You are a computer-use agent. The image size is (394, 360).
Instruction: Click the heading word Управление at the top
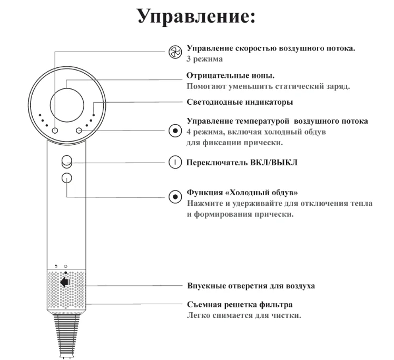[x=196, y=16]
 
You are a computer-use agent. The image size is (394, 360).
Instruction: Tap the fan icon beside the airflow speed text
[x=175, y=52]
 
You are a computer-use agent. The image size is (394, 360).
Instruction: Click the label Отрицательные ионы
[x=230, y=75]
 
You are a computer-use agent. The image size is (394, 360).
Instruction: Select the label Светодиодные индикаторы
[x=240, y=102]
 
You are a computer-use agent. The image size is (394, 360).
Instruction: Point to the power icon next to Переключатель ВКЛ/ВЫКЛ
[x=175, y=162]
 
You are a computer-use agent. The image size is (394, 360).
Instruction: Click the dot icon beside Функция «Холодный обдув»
[x=175, y=196]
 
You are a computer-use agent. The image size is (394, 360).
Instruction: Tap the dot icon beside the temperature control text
[x=175, y=131]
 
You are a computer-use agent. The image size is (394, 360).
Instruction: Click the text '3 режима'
[x=204, y=59]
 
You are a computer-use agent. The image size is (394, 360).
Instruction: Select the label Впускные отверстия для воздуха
[x=251, y=286]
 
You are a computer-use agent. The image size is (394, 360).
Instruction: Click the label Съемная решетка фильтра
[x=240, y=305]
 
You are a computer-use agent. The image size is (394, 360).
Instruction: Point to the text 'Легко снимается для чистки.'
[x=244, y=315]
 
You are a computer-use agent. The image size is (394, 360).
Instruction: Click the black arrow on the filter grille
[x=65, y=282]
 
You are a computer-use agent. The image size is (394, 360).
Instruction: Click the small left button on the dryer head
[x=55, y=131]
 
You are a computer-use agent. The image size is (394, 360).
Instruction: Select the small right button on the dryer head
[x=79, y=131]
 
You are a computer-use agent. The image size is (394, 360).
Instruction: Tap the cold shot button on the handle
[x=66, y=178]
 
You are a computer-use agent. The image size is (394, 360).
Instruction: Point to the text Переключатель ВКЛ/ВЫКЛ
[x=242, y=163]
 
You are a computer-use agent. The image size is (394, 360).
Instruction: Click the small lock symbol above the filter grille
[x=56, y=266]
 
